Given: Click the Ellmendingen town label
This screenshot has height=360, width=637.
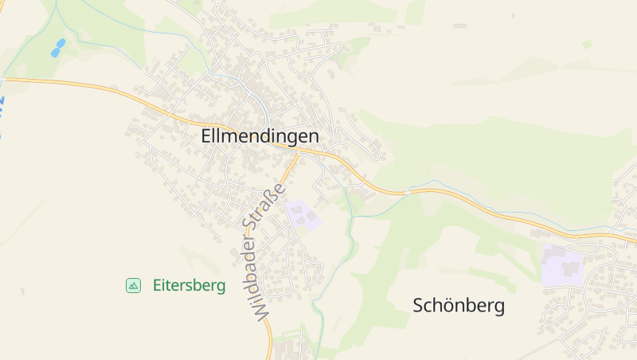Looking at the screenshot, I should (260, 136).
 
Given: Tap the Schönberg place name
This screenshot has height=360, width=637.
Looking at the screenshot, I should (459, 305).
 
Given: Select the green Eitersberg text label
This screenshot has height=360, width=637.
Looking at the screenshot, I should (189, 285).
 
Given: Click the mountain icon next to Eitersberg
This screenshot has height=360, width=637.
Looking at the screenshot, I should (133, 285).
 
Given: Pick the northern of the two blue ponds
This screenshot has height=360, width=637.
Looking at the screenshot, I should (61, 42).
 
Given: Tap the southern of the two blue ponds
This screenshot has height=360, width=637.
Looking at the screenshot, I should (55, 53).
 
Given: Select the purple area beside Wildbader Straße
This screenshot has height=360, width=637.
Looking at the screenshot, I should (303, 214).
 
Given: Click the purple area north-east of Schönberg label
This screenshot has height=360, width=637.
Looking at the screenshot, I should (562, 266).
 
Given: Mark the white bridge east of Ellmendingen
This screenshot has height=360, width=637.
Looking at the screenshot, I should (407, 192).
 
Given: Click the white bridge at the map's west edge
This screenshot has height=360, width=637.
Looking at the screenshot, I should (3, 79).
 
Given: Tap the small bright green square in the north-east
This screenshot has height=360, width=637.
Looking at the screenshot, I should (587, 44).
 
